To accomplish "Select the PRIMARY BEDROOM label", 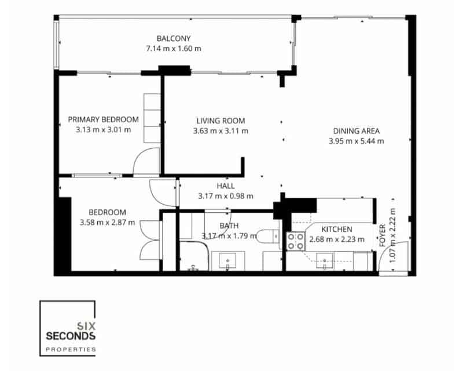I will [104, 120].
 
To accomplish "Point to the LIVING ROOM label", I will [221, 121].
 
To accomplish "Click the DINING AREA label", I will [356, 130].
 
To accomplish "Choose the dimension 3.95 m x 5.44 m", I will [356, 140].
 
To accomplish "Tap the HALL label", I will [225, 186].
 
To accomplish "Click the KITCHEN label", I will [337, 230].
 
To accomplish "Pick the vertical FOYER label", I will [383, 236].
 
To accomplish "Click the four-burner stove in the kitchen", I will [296, 241].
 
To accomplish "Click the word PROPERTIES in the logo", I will [71, 350].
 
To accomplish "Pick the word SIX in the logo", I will [86, 326].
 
